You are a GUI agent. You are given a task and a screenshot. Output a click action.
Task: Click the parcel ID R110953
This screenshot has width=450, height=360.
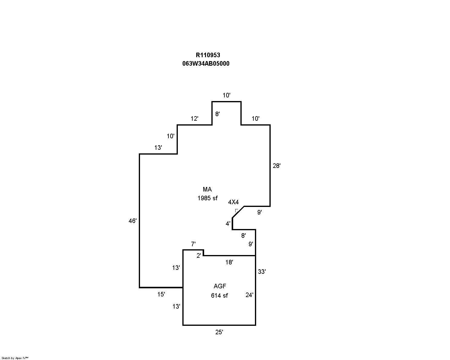click(208, 55)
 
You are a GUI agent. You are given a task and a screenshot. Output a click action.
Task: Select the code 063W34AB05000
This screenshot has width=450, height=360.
click(206, 64)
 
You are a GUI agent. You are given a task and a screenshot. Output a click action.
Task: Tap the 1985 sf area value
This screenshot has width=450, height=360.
click(207, 198)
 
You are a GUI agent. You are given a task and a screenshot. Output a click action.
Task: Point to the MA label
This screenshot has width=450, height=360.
click(207, 189)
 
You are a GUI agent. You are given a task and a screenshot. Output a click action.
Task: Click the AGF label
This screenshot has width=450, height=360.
click(220, 286)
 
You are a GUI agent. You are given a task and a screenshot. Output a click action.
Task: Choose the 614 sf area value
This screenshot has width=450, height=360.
click(220, 296)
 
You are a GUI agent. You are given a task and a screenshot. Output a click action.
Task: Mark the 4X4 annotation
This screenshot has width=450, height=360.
click(233, 202)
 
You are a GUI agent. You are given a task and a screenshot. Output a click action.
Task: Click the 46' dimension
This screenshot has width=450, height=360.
click(132, 221)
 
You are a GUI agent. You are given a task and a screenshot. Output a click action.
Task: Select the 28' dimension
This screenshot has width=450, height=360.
click(277, 166)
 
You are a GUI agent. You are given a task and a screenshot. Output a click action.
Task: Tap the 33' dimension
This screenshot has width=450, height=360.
click(262, 272)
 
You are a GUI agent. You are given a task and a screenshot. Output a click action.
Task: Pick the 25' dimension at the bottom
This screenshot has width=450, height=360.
click(219, 332)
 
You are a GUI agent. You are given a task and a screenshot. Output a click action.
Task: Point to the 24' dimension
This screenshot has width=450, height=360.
click(249, 295)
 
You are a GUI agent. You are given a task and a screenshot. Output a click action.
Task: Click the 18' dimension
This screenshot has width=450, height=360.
click(229, 262)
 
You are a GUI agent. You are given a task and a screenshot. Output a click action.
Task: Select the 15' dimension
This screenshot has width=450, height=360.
click(161, 294)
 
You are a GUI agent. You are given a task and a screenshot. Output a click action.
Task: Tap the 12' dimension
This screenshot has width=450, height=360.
click(194, 119)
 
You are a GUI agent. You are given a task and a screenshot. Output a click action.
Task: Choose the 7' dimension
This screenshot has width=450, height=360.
click(193, 244)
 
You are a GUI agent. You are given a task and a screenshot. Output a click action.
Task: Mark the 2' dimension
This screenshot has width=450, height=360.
click(199, 256)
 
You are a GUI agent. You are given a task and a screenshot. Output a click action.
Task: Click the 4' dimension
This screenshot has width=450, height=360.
click(228, 224)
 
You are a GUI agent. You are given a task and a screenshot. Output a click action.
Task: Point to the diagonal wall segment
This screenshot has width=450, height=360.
click(238, 212)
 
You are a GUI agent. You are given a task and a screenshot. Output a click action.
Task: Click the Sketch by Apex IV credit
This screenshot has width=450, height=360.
click(15, 358)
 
